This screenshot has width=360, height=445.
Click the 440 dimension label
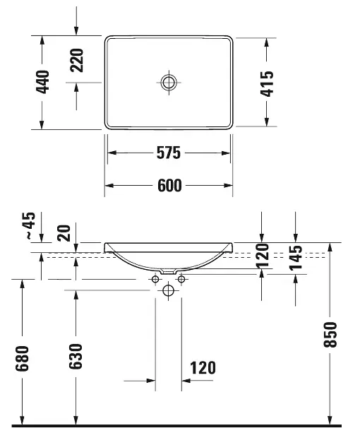42,82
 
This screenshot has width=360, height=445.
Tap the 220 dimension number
77,60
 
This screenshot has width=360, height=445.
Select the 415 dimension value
267,84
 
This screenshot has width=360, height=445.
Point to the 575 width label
169,153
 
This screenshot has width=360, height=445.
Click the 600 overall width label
169,186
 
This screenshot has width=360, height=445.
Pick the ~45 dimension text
30,225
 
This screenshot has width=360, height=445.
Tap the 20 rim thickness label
64,233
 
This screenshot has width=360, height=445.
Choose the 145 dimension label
296,258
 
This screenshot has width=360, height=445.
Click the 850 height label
330,335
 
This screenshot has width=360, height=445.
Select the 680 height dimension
22,358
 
